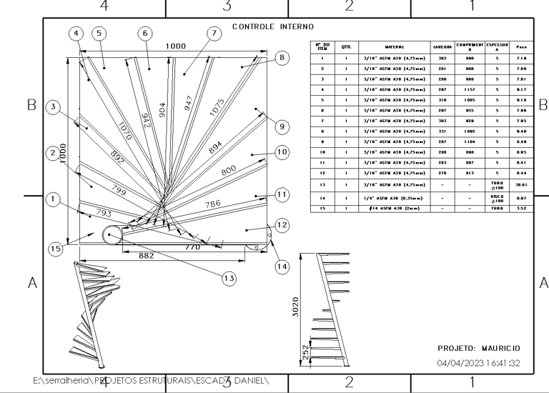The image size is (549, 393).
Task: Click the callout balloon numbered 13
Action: coord(229,278)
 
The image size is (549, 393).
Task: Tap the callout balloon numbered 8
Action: coord(282,58)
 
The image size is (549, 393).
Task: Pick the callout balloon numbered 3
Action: coord(53,107)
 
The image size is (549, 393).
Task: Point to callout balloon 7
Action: coord(212,33)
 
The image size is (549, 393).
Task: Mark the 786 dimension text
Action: coord(214,204)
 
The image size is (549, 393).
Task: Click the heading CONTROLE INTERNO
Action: coord(273,26)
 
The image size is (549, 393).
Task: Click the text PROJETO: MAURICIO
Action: coord(478,348)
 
